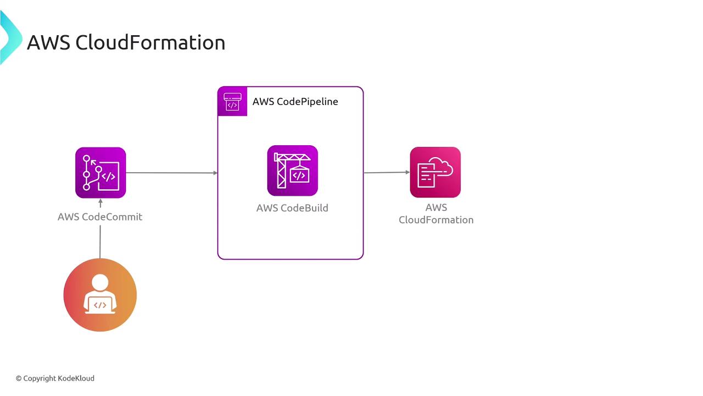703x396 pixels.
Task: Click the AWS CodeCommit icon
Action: [x=101, y=173]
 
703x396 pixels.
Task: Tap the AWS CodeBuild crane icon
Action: [x=292, y=170]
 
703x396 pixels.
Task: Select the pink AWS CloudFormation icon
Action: [x=435, y=172]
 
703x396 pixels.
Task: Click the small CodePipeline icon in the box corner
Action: [x=232, y=101]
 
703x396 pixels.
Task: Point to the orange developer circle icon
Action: [x=100, y=295]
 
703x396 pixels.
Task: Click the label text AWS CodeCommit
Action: [x=100, y=217]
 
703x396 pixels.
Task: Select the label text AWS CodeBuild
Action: [x=292, y=208]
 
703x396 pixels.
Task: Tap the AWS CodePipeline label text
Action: [x=295, y=102]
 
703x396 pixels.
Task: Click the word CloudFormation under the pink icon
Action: [x=436, y=220]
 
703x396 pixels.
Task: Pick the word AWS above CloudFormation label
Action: [x=436, y=207]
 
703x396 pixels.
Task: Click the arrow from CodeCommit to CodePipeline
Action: [x=171, y=173]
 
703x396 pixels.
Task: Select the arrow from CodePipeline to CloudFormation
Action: [x=387, y=172]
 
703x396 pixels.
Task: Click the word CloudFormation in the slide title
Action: [x=150, y=43]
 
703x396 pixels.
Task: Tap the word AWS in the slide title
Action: [x=48, y=43]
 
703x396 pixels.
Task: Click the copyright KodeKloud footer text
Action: [x=55, y=378]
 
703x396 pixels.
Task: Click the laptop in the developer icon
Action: [x=100, y=305]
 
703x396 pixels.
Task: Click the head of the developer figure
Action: [x=100, y=283]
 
